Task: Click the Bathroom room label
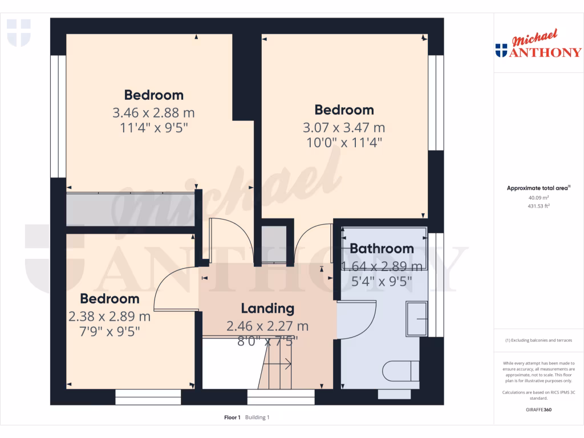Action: tap(382, 249)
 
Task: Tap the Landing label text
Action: tap(267, 309)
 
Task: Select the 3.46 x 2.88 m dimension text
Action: tap(154, 112)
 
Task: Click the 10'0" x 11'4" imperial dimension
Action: tap(343, 142)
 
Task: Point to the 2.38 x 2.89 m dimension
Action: tap(109, 316)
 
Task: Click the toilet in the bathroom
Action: tap(401, 371)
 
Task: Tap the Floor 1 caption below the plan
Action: tap(232, 417)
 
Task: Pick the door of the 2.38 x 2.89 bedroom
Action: tap(171, 291)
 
